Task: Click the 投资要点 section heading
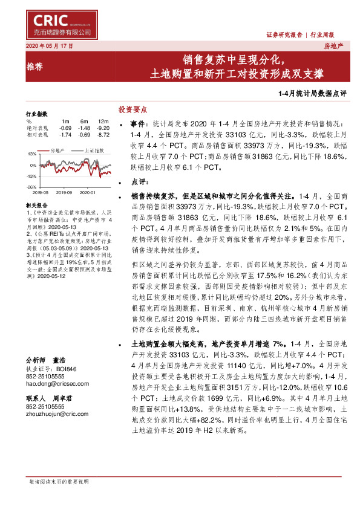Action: [x=133, y=109]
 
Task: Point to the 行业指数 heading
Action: [x=36, y=114]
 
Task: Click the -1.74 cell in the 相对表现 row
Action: [x=65, y=134]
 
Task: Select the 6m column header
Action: [x=84, y=122]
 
